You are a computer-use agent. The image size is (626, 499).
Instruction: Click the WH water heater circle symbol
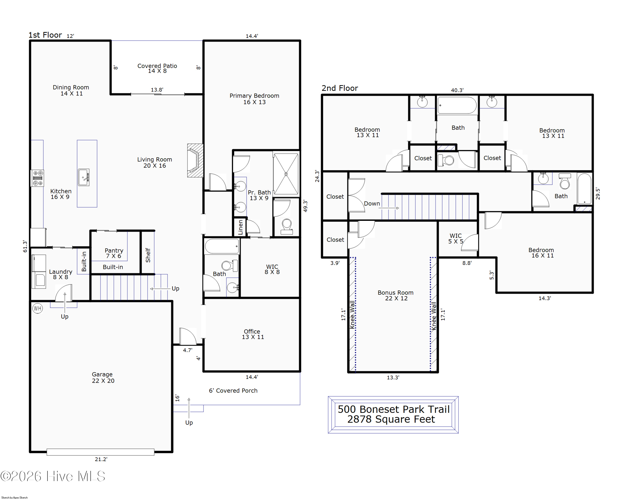[37, 308]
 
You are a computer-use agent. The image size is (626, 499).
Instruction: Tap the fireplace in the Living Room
[195, 160]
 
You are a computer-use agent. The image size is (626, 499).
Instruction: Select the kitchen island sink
[84, 177]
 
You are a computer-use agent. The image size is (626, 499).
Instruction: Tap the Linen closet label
[240, 227]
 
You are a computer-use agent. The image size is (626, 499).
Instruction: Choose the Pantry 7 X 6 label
[114, 253]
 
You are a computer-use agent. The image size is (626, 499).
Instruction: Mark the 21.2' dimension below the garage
[101, 459]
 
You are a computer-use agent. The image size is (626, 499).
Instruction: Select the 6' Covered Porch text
[233, 391]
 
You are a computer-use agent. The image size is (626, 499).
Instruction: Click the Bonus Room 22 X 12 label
[396, 295]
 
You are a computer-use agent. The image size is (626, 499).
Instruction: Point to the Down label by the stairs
[372, 204]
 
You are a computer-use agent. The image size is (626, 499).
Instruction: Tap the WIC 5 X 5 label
[456, 239]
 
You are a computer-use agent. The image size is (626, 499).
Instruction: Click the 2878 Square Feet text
[391, 419]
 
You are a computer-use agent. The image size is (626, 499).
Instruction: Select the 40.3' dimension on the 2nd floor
[457, 90]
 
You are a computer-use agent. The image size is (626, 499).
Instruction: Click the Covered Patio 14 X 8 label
[157, 68]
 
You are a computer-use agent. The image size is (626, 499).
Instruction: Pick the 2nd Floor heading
[340, 88]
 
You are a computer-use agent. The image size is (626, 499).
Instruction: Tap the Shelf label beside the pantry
[148, 255]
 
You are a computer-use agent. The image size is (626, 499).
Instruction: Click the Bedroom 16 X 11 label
[541, 253]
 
